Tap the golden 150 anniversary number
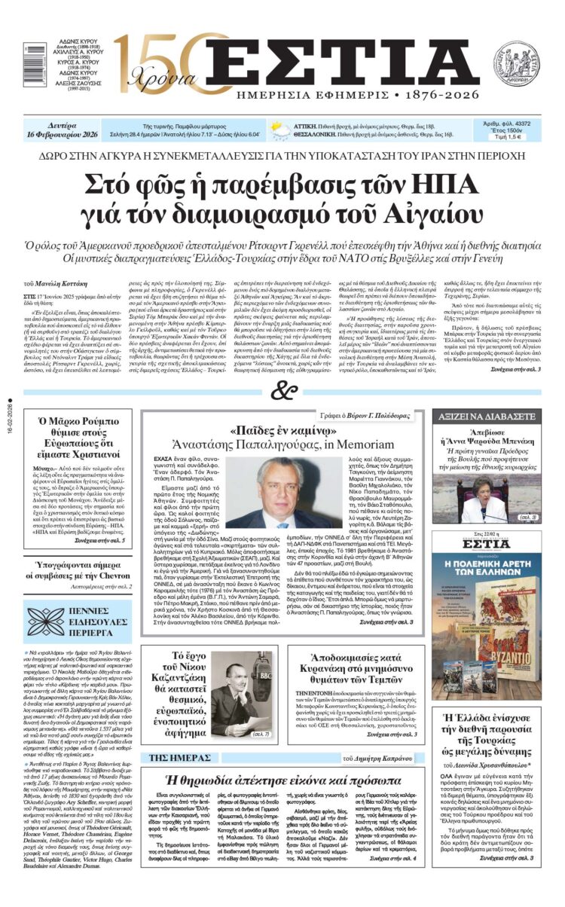(154, 60)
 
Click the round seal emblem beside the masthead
(516, 63)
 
